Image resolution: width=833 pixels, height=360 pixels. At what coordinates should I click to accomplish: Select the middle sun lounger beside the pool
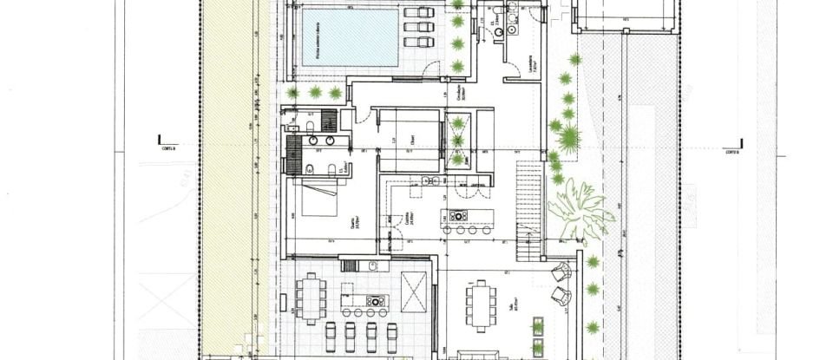pyautogui.click(x=420, y=27)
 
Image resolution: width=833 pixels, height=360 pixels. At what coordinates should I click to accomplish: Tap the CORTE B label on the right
pyautogui.click(x=731, y=150)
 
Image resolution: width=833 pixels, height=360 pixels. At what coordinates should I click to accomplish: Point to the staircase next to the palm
pyautogui.click(x=528, y=208)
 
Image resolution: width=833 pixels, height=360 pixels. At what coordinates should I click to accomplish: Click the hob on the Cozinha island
pyautogui.click(x=458, y=215)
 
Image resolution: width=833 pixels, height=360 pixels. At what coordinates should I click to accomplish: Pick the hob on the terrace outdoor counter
pyautogui.click(x=375, y=301)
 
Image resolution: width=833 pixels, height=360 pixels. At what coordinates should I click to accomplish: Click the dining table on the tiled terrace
pyautogui.click(x=312, y=298)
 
